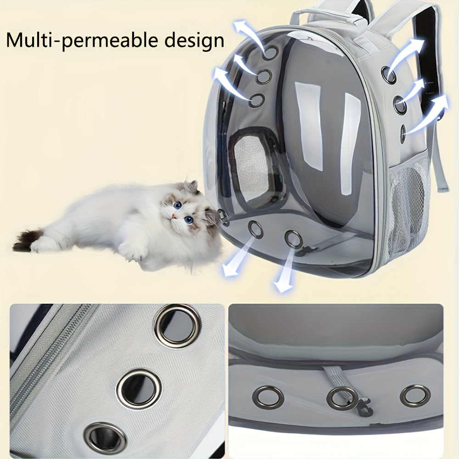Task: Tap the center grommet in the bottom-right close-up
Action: tap(342, 397)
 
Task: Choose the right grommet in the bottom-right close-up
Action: tap(415, 396)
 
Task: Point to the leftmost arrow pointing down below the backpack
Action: tap(232, 263)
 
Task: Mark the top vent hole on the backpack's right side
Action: tap(390, 75)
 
